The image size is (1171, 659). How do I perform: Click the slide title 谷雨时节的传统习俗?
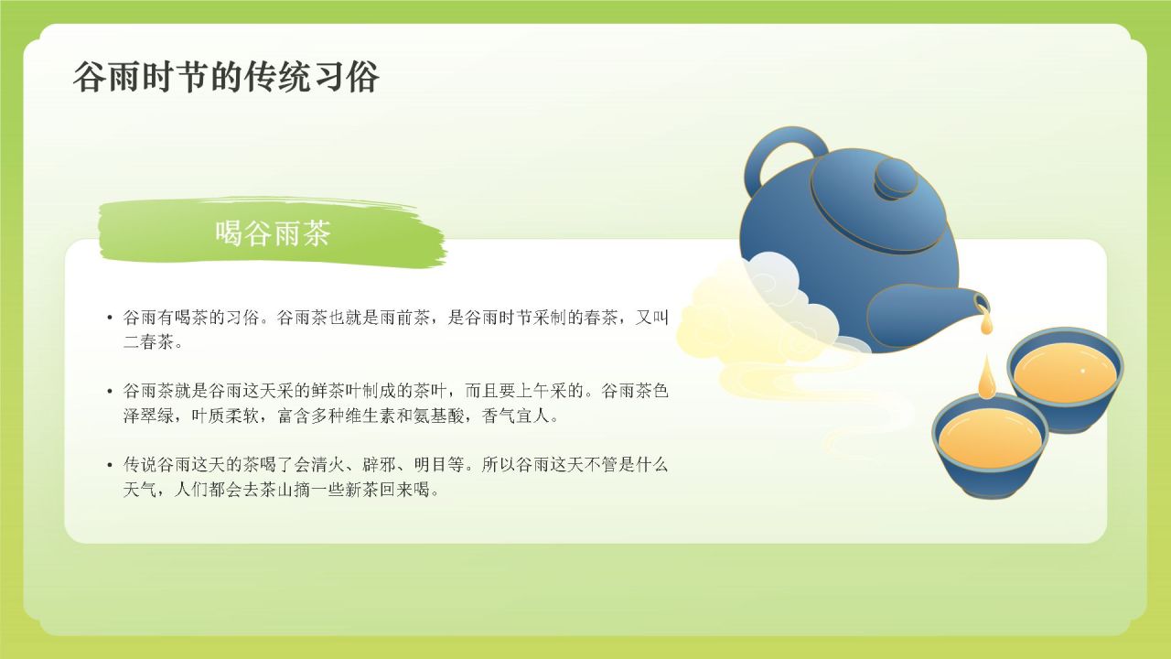226,78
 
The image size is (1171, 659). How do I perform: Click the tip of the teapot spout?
983,302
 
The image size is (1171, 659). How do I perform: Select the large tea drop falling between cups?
985,377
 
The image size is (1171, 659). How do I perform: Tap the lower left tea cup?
990,445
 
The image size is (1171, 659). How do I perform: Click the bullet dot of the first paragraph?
110,319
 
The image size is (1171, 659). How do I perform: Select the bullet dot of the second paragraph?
110,392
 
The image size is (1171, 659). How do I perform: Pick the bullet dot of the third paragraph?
110,465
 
